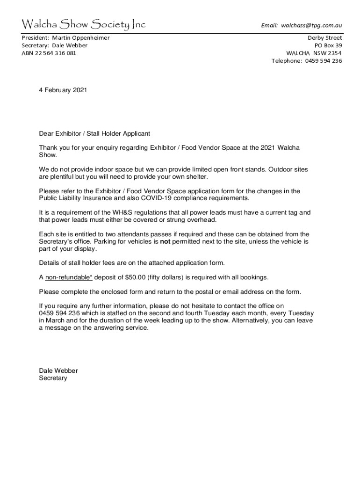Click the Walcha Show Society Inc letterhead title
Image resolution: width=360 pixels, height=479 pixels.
click(84, 24)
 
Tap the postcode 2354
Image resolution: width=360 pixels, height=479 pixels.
click(334, 53)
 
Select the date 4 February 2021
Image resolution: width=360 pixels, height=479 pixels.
click(63, 90)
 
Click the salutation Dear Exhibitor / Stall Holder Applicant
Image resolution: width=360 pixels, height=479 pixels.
click(94, 133)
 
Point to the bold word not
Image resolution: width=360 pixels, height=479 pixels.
click(165, 241)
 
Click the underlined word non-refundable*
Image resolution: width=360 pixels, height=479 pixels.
click(69, 277)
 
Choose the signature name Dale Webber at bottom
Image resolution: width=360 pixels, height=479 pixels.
click(58, 370)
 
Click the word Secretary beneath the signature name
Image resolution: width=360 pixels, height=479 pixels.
click(53, 378)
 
